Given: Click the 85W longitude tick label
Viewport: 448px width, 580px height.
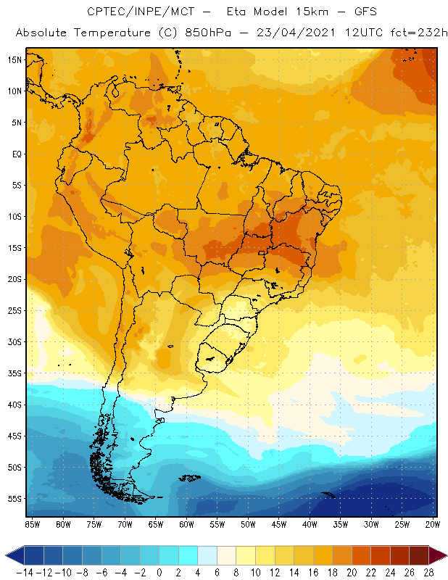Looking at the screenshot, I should point(32,524).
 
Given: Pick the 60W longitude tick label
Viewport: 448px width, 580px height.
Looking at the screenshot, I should point(187,524).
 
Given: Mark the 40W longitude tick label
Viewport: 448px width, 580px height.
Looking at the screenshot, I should point(310,524).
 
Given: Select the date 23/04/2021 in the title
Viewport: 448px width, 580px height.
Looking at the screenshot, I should point(288,33).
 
